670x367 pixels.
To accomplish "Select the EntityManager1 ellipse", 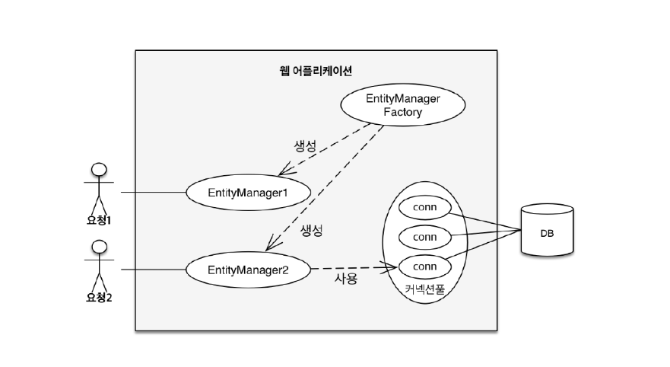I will pyautogui.click(x=248, y=193).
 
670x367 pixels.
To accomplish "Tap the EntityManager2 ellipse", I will pyautogui.click(x=248, y=268).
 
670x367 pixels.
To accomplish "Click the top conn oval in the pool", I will pyautogui.click(x=424, y=207).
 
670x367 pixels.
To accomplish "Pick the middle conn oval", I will pyautogui.click(x=424, y=237).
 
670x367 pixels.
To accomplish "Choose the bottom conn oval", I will pyautogui.click(x=424, y=266).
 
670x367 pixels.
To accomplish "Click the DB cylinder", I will pyautogui.click(x=546, y=231).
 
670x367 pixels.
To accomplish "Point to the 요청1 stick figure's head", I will pyautogui.click(x=98, y=169).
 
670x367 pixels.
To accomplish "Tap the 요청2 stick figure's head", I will pyautogui.click(x=98, y=246).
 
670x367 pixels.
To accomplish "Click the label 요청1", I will pyautogui.click(x=98, y=222).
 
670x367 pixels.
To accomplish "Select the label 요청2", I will pyautogui.click(x=98, y=298).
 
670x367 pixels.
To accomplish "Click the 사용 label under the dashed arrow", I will pyautogui.click(x=346, y=279).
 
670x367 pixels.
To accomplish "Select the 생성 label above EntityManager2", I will pyautogui.click(x=311, y=229).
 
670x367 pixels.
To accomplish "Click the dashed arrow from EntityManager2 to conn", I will pyautogui.click(x=354, y=267).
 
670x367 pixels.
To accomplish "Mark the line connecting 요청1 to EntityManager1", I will pyautogui.click(x=153, y=193).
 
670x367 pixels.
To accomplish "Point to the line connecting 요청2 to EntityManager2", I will pyautogui.click(x=153, y=269).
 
